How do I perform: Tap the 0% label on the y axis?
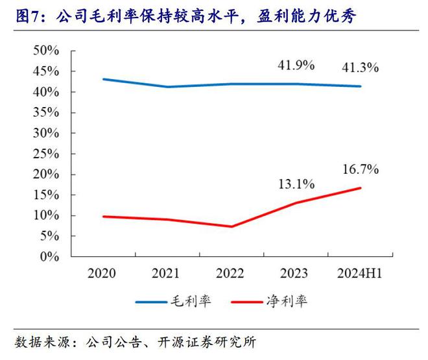tap(51, 257)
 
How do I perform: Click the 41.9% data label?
tap(296, 65)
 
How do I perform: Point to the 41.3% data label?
tap(361, 67)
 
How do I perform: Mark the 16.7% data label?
tap(361, 169)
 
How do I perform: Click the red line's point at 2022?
tap(232, 226)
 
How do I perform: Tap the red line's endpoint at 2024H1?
tap(361, 188)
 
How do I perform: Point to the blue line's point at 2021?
tap(167, 87)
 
